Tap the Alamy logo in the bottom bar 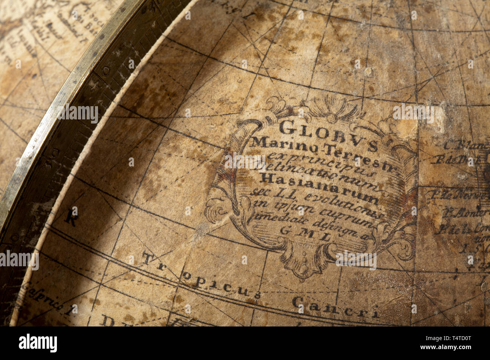[x=38, y=343]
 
